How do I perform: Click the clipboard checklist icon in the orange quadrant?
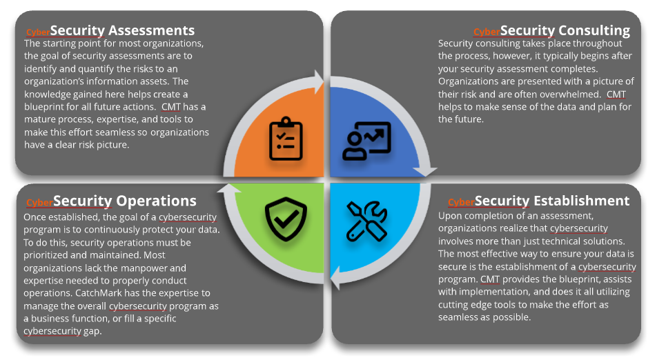pyautogui.click(x=286, y=139)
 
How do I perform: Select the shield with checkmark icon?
pyautogui.click(x=286, y=220)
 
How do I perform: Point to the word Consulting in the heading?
pyautogui.click(x=594, y=30)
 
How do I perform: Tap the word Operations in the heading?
pyautogui.click(x=156, y=201)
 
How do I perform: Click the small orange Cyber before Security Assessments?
pyautogui.click(x=37, y=32)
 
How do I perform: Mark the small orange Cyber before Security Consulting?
pyautogui.click(x=487, y=32)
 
